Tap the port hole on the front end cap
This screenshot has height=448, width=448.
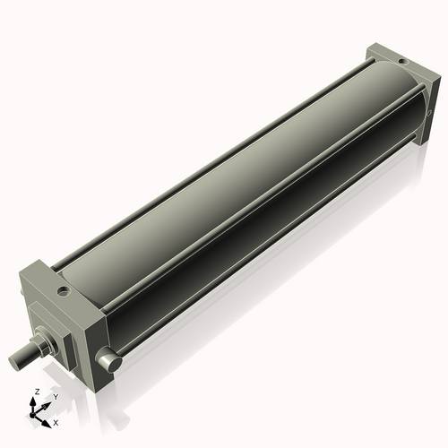pos(63,290)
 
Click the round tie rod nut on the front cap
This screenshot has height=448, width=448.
pos(109,361)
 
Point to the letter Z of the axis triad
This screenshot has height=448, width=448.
pos(35,392)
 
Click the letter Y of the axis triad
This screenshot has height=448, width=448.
pos(56,395)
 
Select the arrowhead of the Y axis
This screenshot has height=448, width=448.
pos(47,403)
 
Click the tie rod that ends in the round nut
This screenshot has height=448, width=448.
pos(260,246)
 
